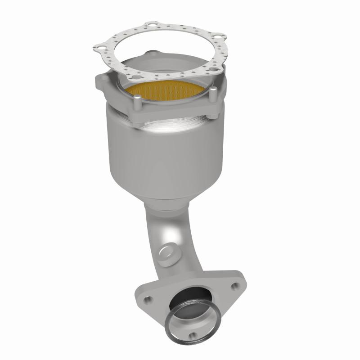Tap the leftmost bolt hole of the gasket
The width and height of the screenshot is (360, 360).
97,45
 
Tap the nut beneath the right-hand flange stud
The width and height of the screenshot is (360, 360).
210,116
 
